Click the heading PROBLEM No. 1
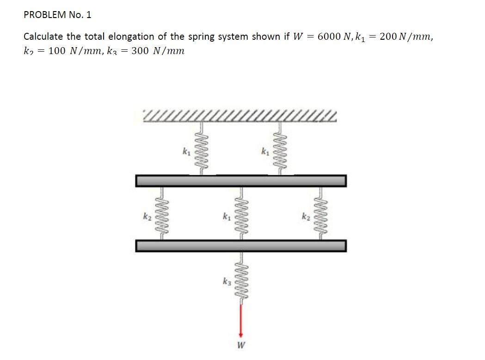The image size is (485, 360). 57,15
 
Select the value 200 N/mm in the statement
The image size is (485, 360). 405,37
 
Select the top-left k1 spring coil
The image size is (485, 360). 201,148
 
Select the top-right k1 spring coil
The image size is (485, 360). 280,148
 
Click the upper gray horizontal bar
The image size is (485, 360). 240,181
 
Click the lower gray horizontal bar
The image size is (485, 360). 240,246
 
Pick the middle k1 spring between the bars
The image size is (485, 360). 240,214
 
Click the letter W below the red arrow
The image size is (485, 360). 240,345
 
